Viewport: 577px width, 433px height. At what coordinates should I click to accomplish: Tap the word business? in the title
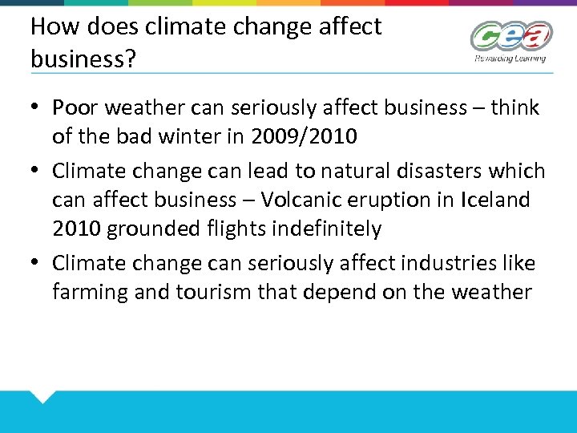point(78,59)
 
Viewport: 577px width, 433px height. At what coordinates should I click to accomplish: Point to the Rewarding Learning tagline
point(510,58)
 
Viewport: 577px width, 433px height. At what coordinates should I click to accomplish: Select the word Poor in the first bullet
point(75,107)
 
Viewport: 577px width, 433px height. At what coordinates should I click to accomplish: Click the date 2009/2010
point(304,136)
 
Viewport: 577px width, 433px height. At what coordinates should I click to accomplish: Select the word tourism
point(212,292)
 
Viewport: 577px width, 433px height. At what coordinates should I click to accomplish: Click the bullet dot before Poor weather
point(37,107)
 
